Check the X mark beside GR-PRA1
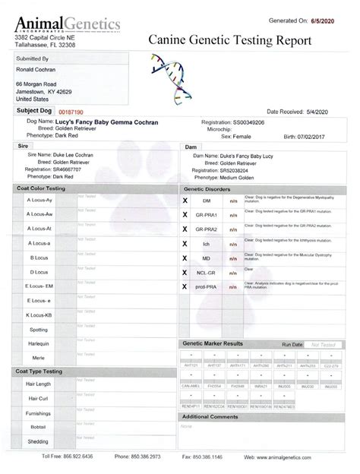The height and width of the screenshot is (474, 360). pos(185,215)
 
